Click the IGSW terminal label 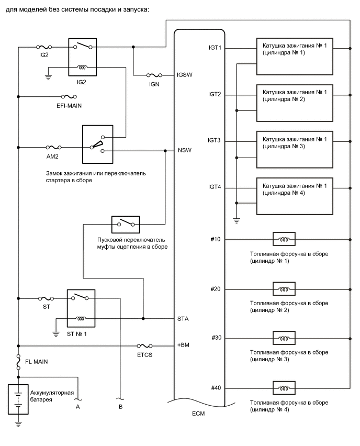click(185, 75)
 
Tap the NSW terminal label click(184, 151)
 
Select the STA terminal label click(183, 318)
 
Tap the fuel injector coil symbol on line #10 click(284, 240)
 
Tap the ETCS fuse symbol click(144, 346)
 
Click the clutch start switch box click(125, 224)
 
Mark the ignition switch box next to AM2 click(97, 144)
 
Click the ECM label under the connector click(199, 414)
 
